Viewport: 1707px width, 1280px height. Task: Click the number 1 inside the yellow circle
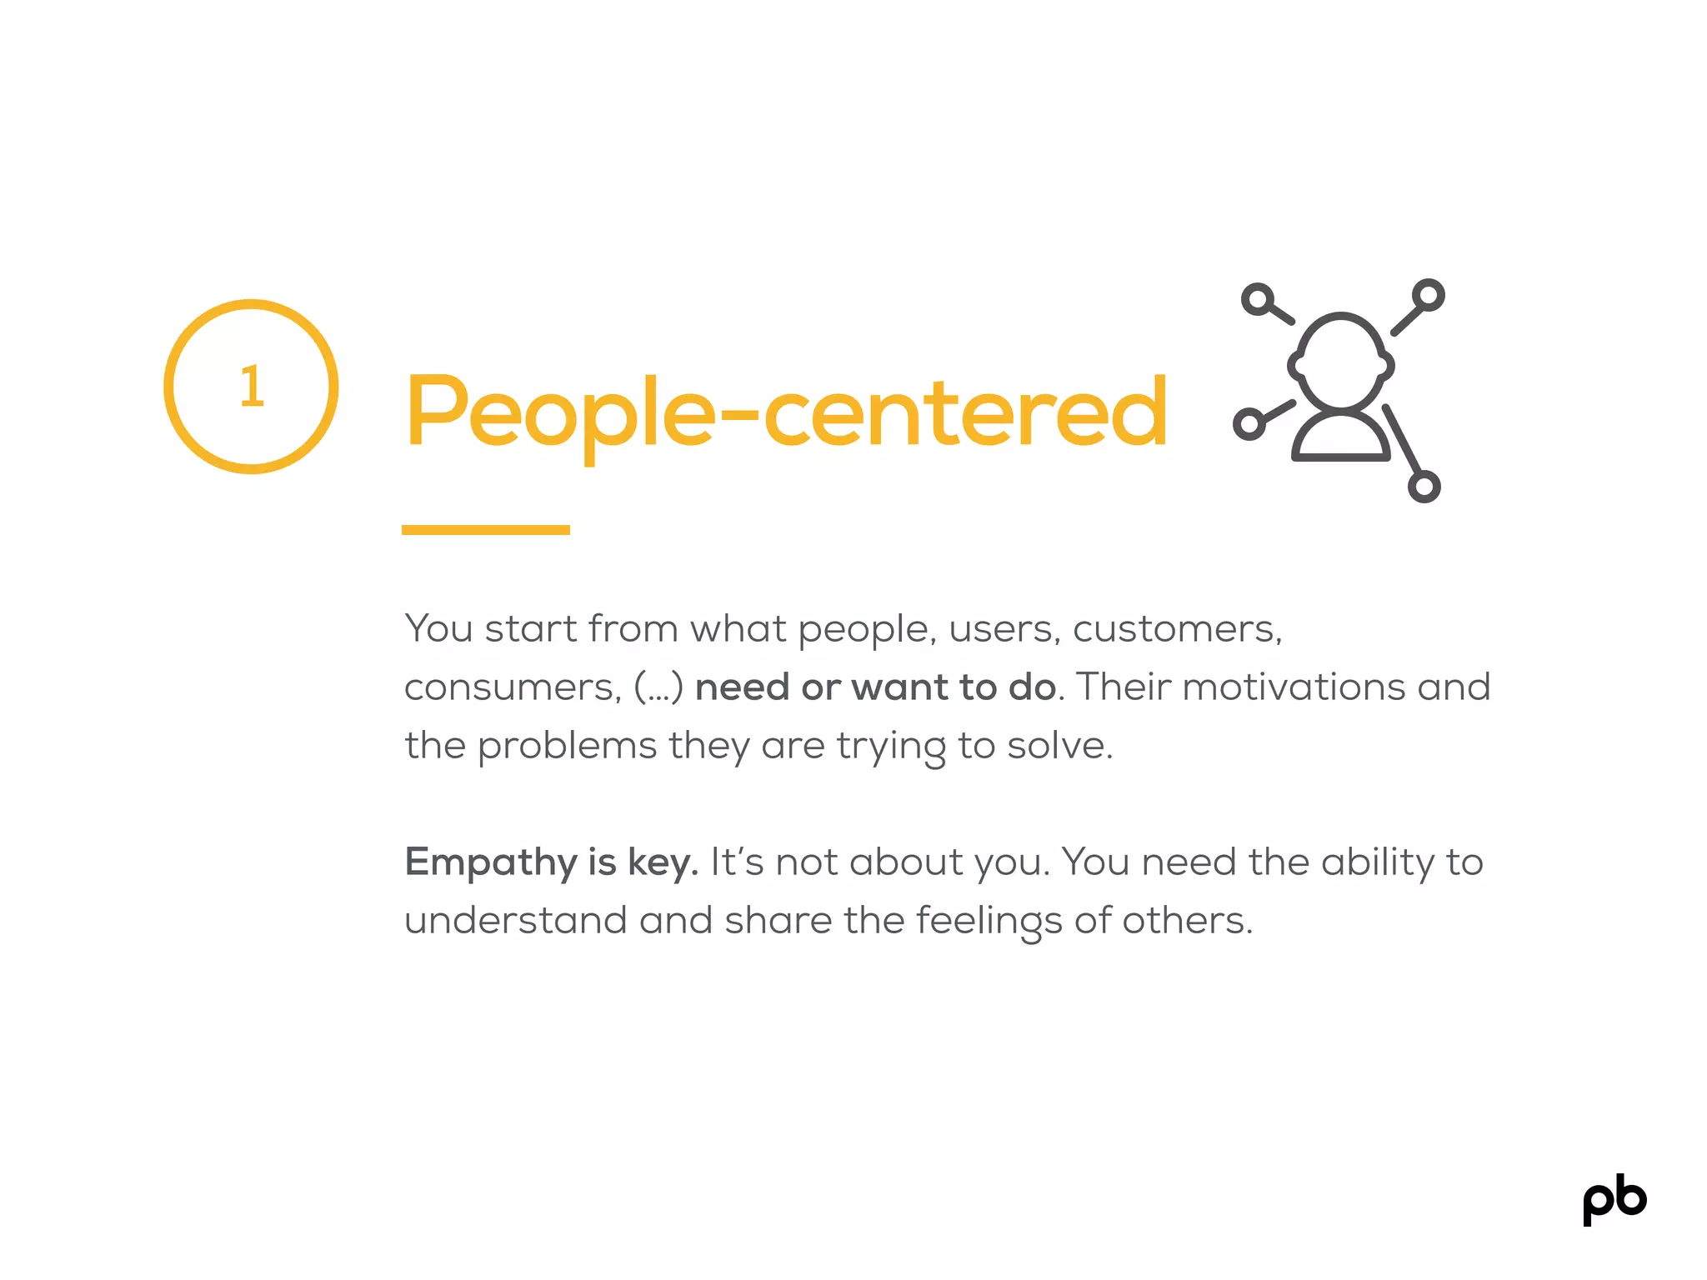(x=252, y=387)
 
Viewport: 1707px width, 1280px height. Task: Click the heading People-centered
(x=785, y=412)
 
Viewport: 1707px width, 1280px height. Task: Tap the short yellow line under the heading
(x=485, y=530)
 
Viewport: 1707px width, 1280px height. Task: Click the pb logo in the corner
(x=1614, y=1200)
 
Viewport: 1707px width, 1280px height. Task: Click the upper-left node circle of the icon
(x=1257, y=299)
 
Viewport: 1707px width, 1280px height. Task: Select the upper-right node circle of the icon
(x=1428, y=295)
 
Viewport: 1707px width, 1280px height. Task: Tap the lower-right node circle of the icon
(x=1424, y=487)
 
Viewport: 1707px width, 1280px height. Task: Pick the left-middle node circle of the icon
(x=1249, y=423)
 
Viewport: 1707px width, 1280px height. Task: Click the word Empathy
(x=489, y=862)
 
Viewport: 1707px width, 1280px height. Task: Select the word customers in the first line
(x=1176, y=629)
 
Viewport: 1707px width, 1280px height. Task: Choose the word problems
(x=567, y=746)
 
